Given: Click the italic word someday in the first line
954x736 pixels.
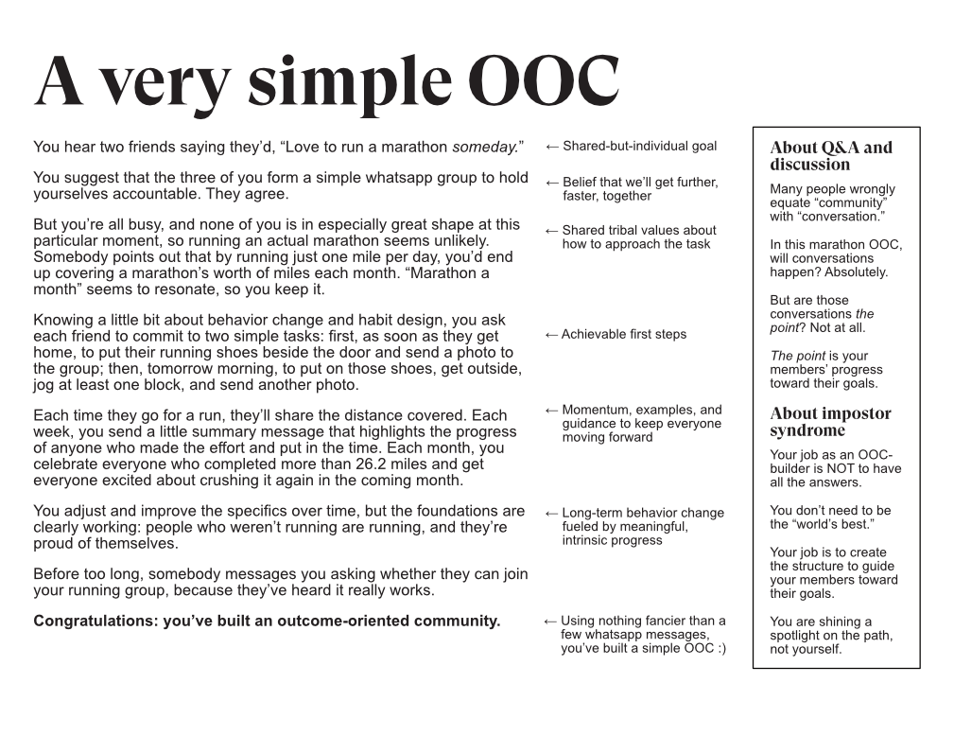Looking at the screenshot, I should coord(483,147).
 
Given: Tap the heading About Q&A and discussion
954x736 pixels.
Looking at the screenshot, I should coord(830,155).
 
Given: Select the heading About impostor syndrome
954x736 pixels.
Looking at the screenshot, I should coord(830,422).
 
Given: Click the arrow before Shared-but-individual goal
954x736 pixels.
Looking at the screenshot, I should coord(552,147).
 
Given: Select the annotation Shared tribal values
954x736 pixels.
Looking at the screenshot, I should coord(639,230).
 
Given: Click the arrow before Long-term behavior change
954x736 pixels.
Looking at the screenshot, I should coord(552,514).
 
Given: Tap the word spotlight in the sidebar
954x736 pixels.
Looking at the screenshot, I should coord(799,636).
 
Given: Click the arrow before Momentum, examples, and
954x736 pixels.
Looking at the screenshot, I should coord(552,411).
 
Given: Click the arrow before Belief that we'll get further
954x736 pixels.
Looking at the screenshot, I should coord(552,183).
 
